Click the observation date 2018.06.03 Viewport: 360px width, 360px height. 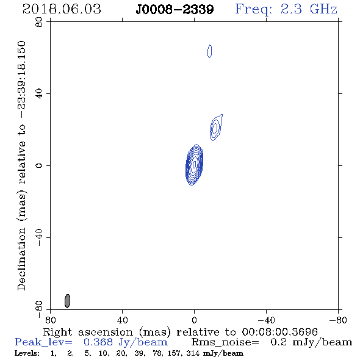click(62, 9)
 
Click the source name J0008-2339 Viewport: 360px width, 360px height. click(175, 10)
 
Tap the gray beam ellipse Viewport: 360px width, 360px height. click(67, 301)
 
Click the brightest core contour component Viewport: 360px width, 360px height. click(194, 165)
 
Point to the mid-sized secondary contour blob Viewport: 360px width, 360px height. click(215, 128)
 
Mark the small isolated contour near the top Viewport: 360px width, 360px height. click(209, 51)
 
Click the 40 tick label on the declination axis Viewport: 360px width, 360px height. click(39, 94)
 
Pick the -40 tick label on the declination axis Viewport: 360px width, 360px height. click(39, 237)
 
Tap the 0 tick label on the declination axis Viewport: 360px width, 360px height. click(39, 165)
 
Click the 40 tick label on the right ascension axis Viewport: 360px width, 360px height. click(122, 320)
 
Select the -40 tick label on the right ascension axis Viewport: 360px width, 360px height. click(266, 320)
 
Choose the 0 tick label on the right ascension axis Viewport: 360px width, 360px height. click(194, 320)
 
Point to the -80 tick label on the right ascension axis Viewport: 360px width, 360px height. click(338, 320)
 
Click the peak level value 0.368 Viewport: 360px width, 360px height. click(98, 342)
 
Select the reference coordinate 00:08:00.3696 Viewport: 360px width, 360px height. click(279, 332)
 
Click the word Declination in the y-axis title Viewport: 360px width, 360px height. click(21, 259)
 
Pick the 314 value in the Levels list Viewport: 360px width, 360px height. click(193, 353)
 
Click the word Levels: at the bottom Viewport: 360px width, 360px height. click(27, 353)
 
